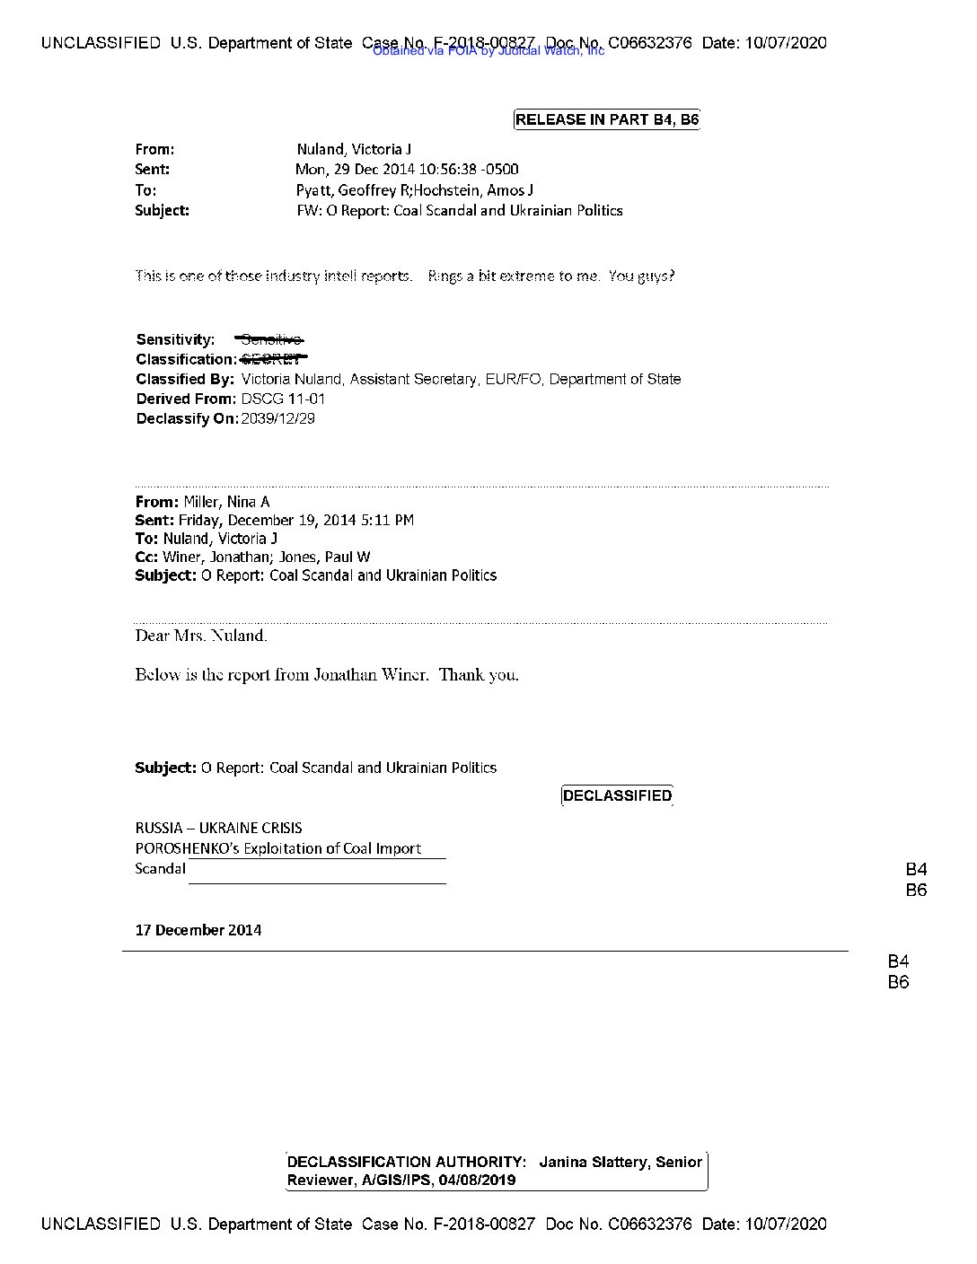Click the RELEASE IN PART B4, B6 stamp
click(606, 119)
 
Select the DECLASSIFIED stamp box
click(617, 796)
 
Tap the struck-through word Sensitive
click(270, 339)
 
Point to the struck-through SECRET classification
click(274, 359)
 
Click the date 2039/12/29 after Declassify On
click(278, 418)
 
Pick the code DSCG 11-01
click(283, 399)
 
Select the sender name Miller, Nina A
click(226, 502)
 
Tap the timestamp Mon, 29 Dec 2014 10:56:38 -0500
click(407, 170)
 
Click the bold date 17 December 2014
click(198, 930)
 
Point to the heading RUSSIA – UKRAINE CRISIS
click(218, 828)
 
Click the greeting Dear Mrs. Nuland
click(201, 636)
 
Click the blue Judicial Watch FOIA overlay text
click(488, 51)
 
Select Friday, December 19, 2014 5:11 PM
click(296, 521)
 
